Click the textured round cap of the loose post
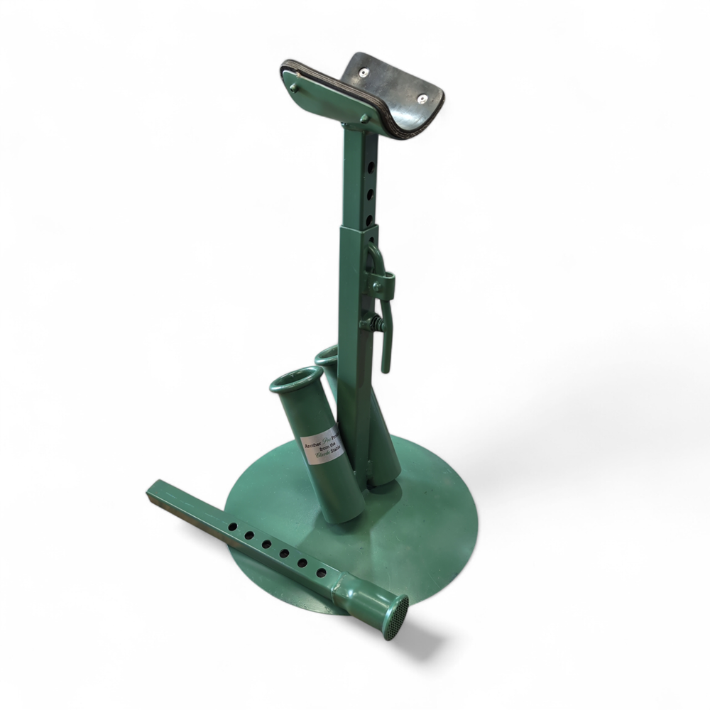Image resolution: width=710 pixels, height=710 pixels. click(396, 617)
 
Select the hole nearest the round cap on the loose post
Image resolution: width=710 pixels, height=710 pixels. click(321, 573)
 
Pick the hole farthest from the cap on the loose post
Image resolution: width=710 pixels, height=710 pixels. click(233, 527)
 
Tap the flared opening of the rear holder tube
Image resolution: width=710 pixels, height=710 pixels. click(327, 353)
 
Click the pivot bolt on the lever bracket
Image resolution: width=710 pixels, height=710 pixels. click(378, 287)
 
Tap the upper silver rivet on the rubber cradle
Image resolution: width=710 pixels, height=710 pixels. click(364, 72)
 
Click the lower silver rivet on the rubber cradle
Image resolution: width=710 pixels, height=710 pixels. click(422, 99)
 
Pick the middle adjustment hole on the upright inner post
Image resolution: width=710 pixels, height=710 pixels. click(369, 192)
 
